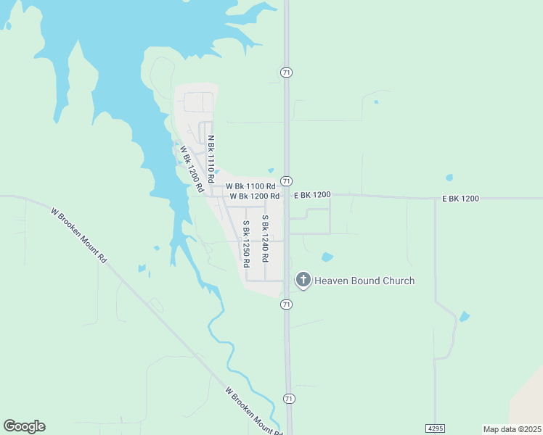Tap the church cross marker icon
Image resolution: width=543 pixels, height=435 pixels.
pos(303,280)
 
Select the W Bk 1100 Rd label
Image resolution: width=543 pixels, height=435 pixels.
pos(250,186)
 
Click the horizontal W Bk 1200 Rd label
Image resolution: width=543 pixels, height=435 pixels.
pos(255,196)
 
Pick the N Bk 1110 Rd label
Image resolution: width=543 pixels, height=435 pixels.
pos(211,158)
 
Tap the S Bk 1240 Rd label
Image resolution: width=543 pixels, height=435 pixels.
pos(266,238)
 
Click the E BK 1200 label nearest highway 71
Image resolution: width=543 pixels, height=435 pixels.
pos(312,195)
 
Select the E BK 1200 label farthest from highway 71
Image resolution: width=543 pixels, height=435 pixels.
pos(460,198)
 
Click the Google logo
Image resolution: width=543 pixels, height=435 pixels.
pos(24,426)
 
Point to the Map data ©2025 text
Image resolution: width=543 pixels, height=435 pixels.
pos(512,429)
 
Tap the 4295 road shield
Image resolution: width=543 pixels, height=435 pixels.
pos(435,428)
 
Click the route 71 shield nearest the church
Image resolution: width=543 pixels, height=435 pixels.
pos(287,304)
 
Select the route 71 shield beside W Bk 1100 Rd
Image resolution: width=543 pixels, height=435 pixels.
pos(287,181)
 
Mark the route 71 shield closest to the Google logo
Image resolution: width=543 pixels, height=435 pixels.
pos(289,399)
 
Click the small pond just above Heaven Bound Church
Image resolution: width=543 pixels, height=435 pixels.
pos(327,257)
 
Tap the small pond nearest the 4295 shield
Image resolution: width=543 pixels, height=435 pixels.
pos(464,316)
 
